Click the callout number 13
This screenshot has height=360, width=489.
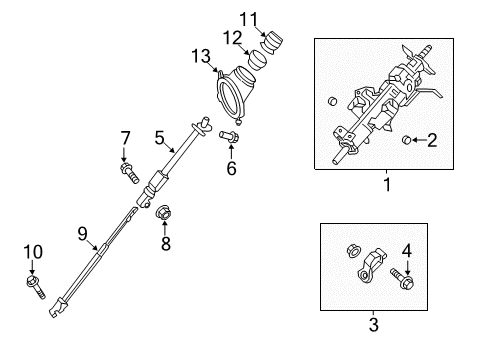[201, 56]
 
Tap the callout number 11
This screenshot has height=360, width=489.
[249, 19]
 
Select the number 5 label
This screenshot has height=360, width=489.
[160, 138]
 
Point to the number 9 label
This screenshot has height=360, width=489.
[82, 234]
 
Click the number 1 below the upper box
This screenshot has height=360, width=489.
[387, 184]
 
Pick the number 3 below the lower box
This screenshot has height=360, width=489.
[374, 324]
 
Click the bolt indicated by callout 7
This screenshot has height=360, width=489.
[129, 173]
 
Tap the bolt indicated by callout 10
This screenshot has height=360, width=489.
[36, 286]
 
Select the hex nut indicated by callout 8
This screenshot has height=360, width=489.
[163, 213]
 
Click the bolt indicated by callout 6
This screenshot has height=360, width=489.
[229, 136]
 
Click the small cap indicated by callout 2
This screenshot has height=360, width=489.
[406, 140]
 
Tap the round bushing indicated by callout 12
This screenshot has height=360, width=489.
[258, 60]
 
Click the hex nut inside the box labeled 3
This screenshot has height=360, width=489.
[353, 250]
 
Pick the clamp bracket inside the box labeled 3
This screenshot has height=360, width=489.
[371, 266]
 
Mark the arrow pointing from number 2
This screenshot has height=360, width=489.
[419, 140]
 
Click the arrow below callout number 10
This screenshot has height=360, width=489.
[32, 268]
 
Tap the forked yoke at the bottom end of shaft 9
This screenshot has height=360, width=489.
[57, 307]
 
